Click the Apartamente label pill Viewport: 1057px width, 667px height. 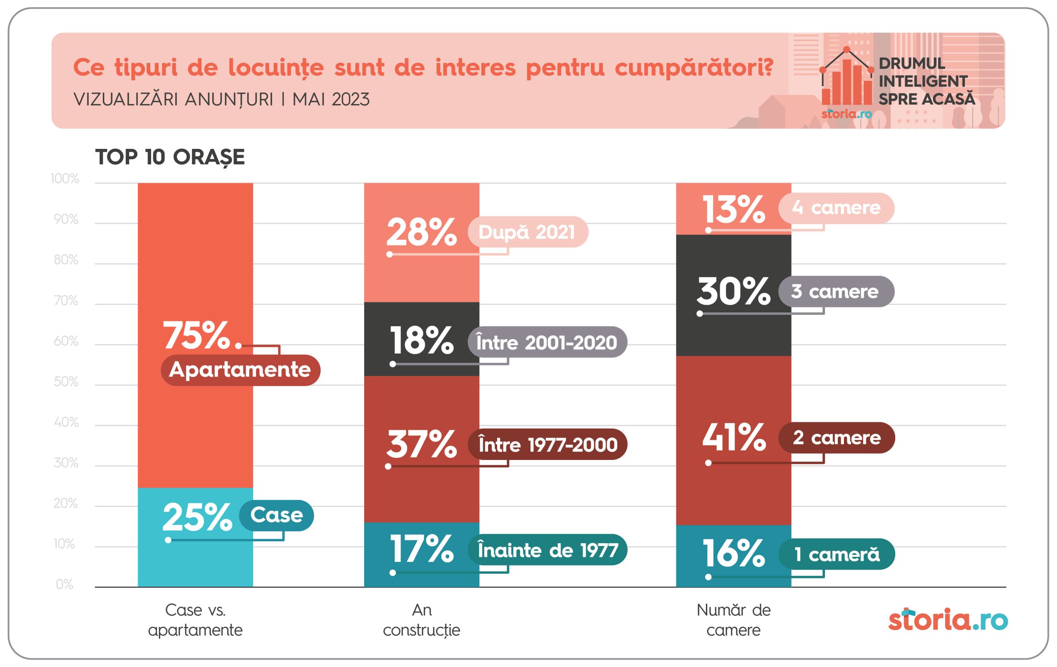tap(241, 370)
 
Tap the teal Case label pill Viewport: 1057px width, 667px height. tap(277, 515)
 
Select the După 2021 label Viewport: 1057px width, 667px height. tap(527, 232)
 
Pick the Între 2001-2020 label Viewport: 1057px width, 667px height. tap(547, 342)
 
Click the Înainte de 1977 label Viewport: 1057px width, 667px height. tap(547, 549)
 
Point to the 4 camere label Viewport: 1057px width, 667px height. tap(836, 208)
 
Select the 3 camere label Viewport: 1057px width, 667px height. tap(836, 291)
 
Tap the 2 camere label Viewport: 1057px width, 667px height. tap(837, 437)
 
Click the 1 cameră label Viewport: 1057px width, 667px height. tap(837, 554)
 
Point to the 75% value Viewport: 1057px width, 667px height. tap(197, 335)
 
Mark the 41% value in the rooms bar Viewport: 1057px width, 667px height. tap(734, 437)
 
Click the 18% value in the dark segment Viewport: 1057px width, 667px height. tap(422, 340)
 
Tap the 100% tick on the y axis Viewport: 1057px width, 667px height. tap(65, 179)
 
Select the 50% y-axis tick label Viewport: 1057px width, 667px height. tap(66, 382)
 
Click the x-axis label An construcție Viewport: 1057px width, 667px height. tap(422, 620)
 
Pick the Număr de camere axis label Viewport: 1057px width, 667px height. tap(733, 620)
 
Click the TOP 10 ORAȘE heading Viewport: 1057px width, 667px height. tap(170, 157)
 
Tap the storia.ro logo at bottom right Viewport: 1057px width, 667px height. tap(948, 620)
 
